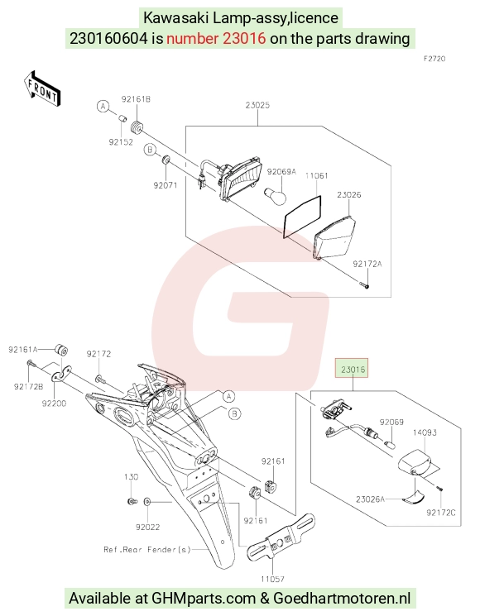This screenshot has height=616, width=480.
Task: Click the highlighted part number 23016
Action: coord(353,369)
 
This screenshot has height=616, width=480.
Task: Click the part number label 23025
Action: coord(257,105)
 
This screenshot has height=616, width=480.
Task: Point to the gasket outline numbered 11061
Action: coord(302,217)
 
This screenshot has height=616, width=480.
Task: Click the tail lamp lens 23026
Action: coord(334,237)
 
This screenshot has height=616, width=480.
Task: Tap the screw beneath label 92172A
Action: coord(365,284)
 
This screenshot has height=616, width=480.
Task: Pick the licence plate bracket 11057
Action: coord(281,537)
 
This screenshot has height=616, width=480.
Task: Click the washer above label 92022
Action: coord(147,502)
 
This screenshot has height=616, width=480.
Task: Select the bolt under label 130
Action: coord(132,501)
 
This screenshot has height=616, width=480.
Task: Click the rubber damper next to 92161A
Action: coord(61,349)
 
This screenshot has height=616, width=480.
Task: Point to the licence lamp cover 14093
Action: coord(416,463)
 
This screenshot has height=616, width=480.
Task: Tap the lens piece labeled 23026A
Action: coord(414,497)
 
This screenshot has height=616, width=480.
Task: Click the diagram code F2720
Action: coord(434,59)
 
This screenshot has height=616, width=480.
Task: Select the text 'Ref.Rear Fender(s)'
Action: coord(147,549)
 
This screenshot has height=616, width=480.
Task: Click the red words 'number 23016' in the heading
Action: coord(216,39)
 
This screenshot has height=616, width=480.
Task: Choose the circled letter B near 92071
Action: coord(150,150)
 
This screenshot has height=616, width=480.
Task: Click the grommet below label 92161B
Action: coord(136,127)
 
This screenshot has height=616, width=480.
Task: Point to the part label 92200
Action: coord(55,403)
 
